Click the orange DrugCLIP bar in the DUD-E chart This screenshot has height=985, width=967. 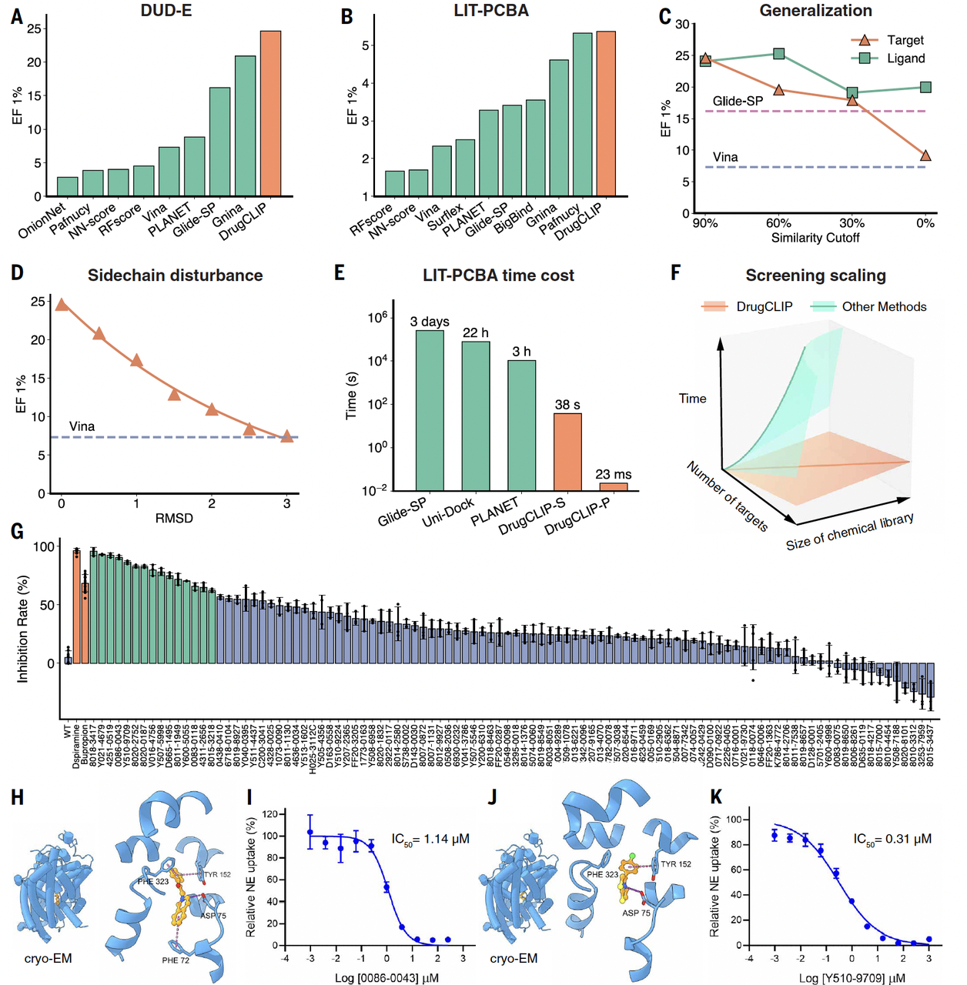tap(270, 114)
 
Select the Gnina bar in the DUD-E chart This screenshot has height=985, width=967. tap(245, 126)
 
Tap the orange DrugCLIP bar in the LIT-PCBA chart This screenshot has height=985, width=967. tap(606, 114)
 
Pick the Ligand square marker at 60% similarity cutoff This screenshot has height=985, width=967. tap(778, 54)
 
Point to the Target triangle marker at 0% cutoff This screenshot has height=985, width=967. tap(925, 155)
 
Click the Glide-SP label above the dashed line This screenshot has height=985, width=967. tap(738, 101)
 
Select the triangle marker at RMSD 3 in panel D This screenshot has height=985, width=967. tap(287, 436)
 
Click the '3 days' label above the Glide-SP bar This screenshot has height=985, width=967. tap(430, 322)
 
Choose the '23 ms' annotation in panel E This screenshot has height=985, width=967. tap(613, 474)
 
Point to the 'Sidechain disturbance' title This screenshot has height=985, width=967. tap(175, 275)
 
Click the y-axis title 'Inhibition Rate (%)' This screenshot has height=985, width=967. tap(22, 629)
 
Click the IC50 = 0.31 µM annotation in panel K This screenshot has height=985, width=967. tap(892, 839)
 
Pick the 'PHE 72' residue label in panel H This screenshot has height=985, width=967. tap(176, 960)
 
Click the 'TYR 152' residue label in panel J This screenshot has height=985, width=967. tap(675, 864)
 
